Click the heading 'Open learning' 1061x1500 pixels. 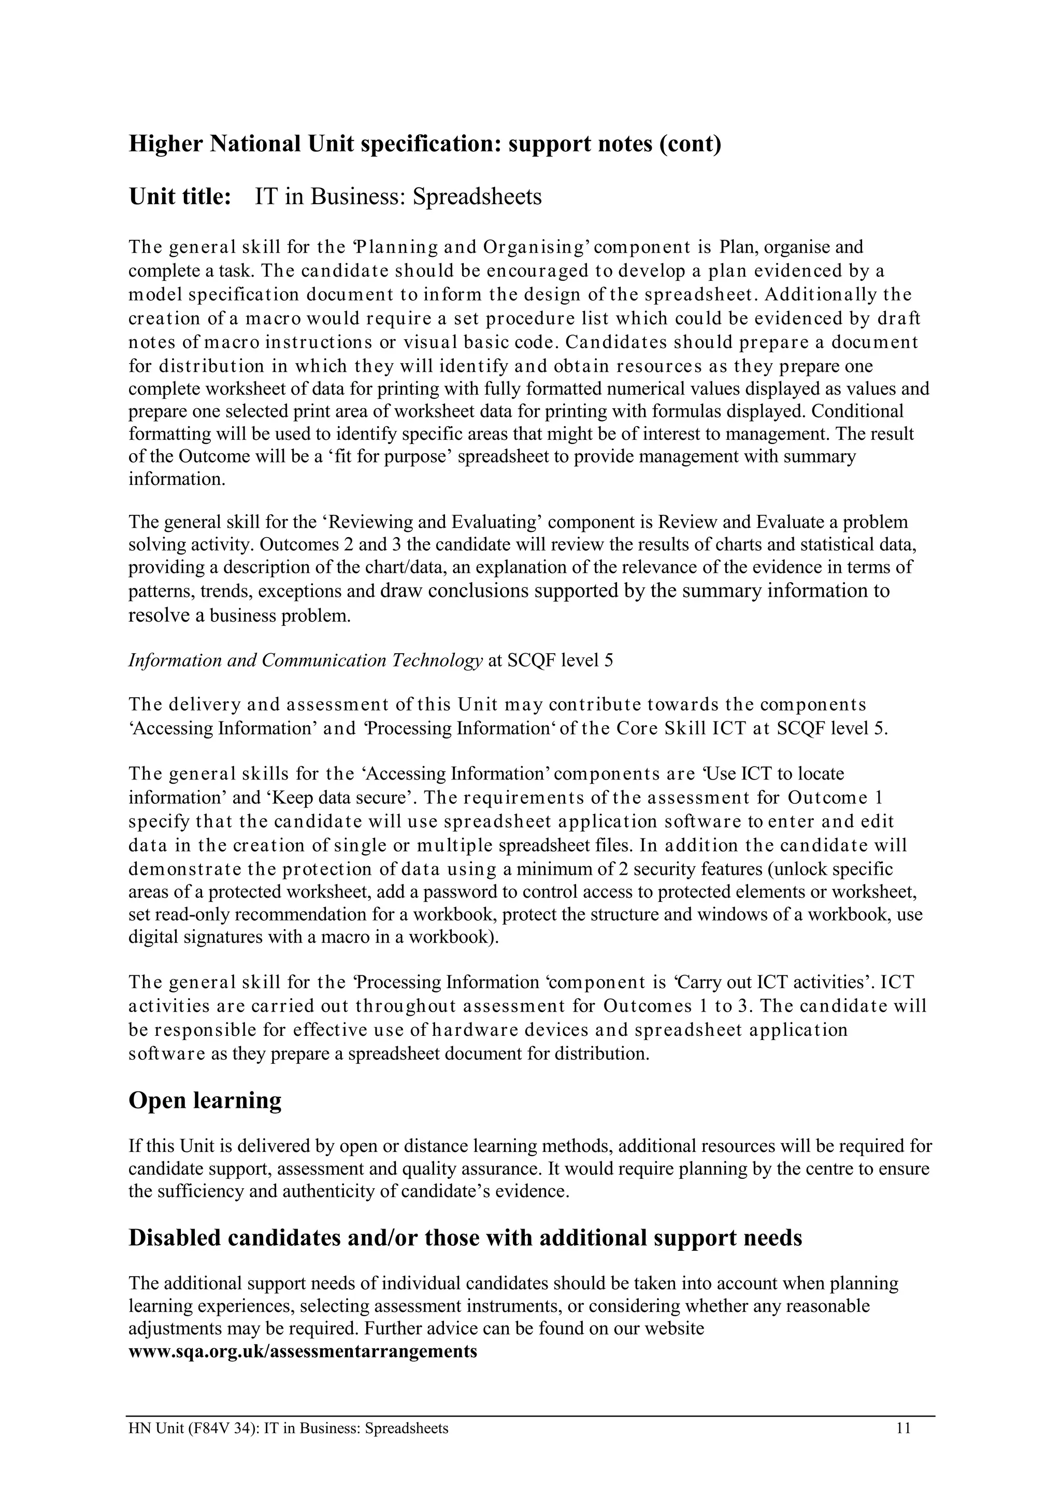point(205,1101)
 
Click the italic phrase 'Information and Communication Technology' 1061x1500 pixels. point(305,660)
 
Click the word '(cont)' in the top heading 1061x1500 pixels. point(690,143)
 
